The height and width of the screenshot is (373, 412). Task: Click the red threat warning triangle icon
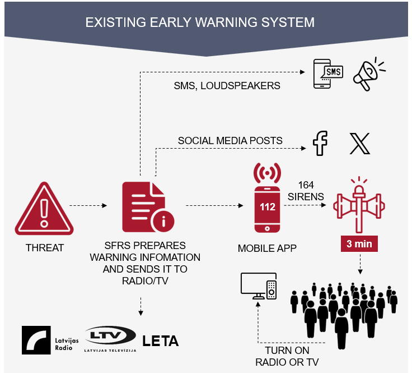(44, 209)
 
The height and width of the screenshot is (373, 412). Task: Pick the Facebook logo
(320, 143)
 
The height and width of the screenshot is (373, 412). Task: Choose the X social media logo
(359, 144)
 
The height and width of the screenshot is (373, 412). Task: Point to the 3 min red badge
(359, 245)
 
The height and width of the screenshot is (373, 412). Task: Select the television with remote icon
(258, 286)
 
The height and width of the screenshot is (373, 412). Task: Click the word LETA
(161, 340)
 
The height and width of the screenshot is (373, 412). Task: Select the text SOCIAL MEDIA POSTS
(230, 140)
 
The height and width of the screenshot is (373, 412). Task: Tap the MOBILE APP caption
(266, 247)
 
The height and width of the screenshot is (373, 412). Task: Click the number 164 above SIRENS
(306, 185)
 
